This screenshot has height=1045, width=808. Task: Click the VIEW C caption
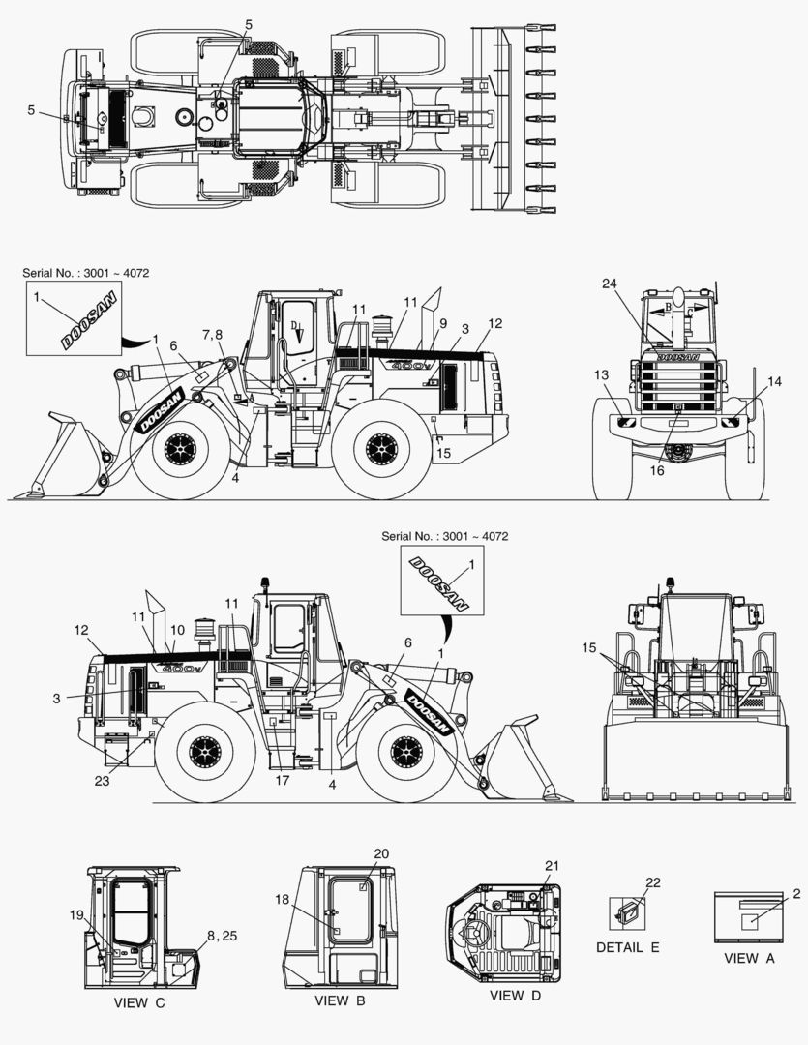(x=138, y=1002)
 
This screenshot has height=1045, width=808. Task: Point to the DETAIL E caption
(x=627, y=947)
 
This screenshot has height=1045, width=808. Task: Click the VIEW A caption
(x=749, y=958)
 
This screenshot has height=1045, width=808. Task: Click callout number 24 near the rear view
(x=609, y=284)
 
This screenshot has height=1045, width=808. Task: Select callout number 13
(x=601, y=374)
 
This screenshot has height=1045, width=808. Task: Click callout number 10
(x=177, y=630)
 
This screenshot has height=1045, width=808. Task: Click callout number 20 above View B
(x=381, y=853)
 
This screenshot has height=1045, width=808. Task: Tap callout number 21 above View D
(x=552, y=865)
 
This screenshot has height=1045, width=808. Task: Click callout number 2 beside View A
(x=796, y=892)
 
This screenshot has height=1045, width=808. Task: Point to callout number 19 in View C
(x=76, y=914)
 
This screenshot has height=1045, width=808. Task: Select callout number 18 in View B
(x=282, y=899)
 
